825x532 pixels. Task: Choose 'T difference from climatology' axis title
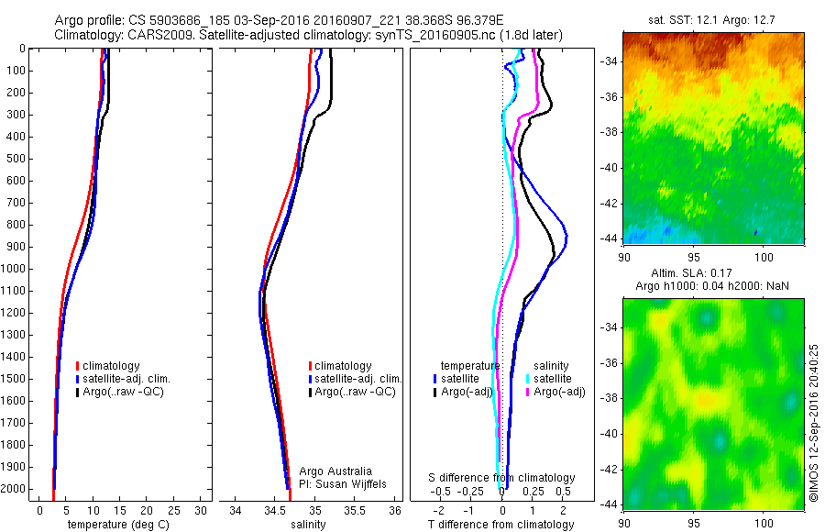[x=500, y=525]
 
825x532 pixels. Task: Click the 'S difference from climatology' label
[x=502, y=478]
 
